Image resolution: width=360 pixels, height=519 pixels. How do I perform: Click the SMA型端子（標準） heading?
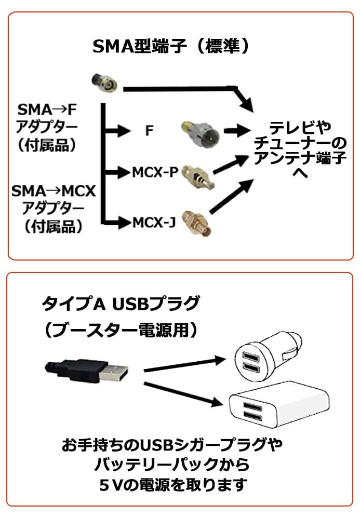pyautogui.click(x=171, y=47)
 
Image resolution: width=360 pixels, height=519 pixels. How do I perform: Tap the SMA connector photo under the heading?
pyautogui.click(x=103, y=82)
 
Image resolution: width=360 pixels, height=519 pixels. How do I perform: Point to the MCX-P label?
pyautogui.click(x=154, y=171)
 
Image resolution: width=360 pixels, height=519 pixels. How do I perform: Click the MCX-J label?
pyautogui.click(x=154, y=223)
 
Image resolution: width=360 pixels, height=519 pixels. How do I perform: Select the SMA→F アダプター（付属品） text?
pyautogui.click(x=47, y=127)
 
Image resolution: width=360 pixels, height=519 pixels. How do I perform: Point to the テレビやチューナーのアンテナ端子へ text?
pyautogui.click(x=300, y=150)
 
